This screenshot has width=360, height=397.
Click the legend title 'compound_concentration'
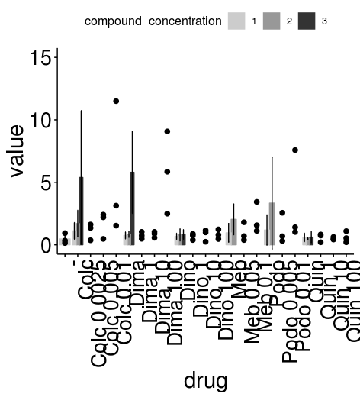pyautogui.click(x=153, y=21)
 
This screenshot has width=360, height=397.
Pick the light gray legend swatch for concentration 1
pyautogui.click(x=237, y=21)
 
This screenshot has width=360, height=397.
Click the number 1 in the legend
pyautogui.click(x=254, y=21)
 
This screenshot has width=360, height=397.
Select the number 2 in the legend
pyautogui.click(x=289, y=21)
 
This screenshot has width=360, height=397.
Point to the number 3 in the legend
pyautogui.click(x=325, y=21)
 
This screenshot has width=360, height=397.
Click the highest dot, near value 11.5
pyautogui.click(x=116, y=101)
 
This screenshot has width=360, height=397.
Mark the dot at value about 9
pyautogui.click(x=167, y=131)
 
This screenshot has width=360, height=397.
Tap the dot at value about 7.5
pyautogui.click(x=294, y=150)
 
